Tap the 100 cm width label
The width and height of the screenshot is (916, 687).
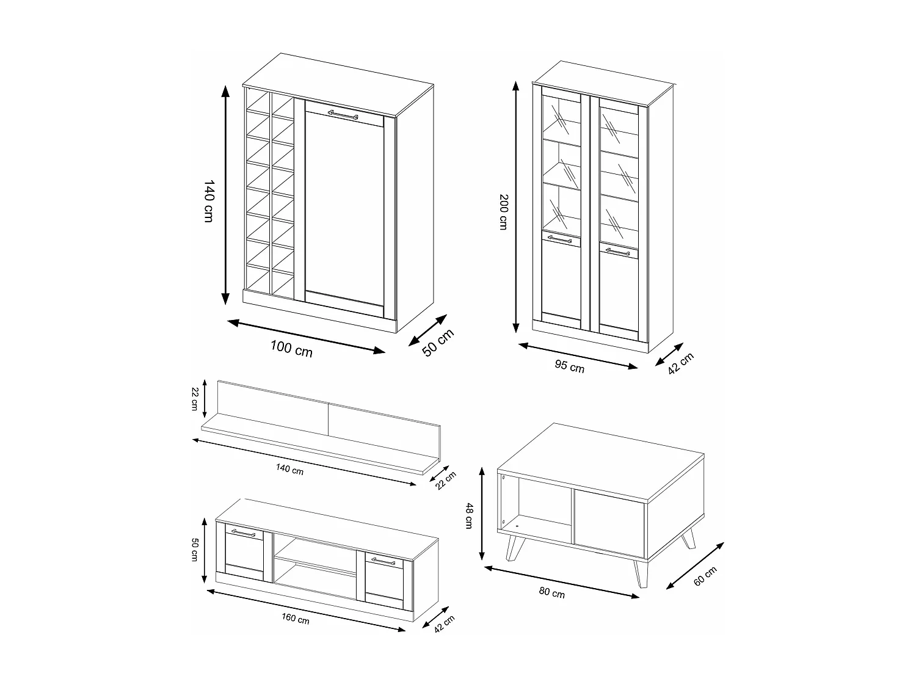[x=291, y=349]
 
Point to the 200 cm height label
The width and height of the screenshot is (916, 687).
[x=503, y=211]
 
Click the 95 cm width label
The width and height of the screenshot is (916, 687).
[x=569, y=366]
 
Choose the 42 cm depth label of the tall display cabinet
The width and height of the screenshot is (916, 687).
[x=681, y=365]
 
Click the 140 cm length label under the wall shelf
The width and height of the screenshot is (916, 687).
[x=289, y=470]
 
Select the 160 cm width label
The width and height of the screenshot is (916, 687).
[x=296, y=619]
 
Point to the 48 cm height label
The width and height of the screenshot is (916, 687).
[x=469, y=516]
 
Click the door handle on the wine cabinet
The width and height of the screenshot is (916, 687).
[x=343, y=114]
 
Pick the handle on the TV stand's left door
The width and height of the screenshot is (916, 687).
[x=243, y=533]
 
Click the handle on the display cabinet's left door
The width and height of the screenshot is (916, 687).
[x=559, y=239]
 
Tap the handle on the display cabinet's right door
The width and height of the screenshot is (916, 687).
[x=617, y=251]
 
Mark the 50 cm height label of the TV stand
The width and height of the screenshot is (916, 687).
[x=195, y=549]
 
